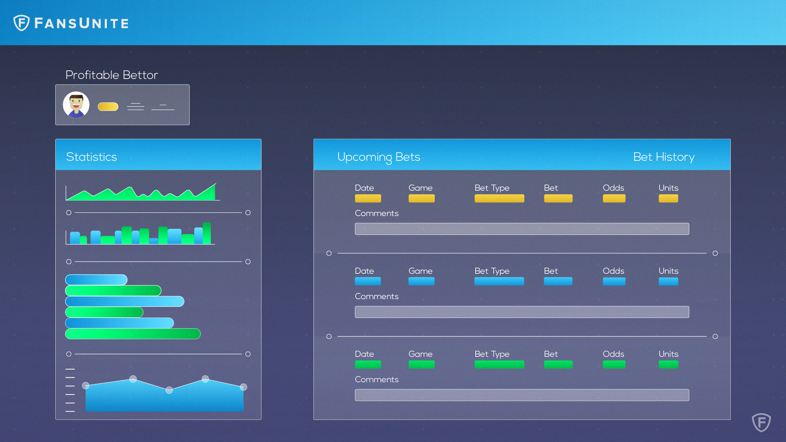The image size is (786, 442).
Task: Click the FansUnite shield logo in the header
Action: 21,23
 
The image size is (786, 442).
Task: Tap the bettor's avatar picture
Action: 76,105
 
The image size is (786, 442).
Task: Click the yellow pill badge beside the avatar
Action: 108,106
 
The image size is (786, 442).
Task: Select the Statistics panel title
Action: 91,157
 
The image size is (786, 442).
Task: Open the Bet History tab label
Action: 664,157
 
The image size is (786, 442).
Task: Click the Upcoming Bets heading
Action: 379,157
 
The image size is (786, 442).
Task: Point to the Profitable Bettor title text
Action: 112,75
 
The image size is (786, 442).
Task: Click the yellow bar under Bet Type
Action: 499,198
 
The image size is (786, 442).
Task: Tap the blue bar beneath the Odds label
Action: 614,281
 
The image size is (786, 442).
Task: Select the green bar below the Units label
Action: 668,364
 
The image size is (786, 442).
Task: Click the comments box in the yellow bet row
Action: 522,229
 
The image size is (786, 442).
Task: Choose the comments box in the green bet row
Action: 522,395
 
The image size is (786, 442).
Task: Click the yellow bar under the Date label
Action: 368,198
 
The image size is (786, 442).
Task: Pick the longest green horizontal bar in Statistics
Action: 133,334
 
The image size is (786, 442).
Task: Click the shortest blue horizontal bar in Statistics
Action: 96,280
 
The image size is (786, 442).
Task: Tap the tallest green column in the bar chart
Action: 207,233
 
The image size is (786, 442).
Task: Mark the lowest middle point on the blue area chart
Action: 169,390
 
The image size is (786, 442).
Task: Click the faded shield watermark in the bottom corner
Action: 761,422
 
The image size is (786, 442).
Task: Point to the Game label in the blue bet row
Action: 420,271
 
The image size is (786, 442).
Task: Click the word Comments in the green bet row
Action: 377,379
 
